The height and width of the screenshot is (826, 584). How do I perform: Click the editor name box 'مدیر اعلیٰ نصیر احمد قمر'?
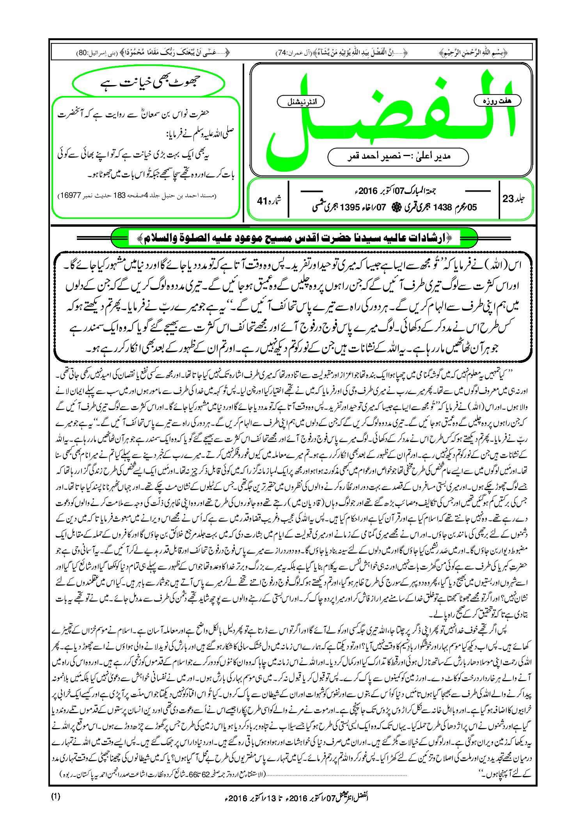coord(398,156)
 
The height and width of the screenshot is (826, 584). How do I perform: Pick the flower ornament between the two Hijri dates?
coord(394,207)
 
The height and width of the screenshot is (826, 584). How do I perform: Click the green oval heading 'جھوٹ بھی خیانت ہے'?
coord(149,83)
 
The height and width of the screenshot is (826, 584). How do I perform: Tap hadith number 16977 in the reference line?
coord(70,195)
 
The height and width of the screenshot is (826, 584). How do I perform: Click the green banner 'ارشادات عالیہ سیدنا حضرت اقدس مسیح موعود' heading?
coord(295,238)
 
